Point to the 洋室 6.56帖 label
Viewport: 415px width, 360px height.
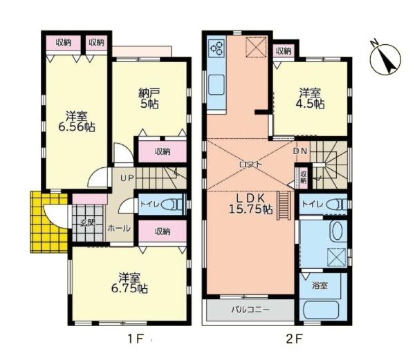click(76, 121)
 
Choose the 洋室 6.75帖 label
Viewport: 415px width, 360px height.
click(129, 283)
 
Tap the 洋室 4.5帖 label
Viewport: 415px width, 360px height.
click(311, 97)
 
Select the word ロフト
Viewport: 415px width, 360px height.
click(250, 164)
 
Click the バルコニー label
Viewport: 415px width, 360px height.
click(250, 310)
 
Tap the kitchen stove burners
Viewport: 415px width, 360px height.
click(216, 48)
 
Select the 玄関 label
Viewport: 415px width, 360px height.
click(86, 222)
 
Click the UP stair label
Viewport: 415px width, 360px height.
click(127, 178)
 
